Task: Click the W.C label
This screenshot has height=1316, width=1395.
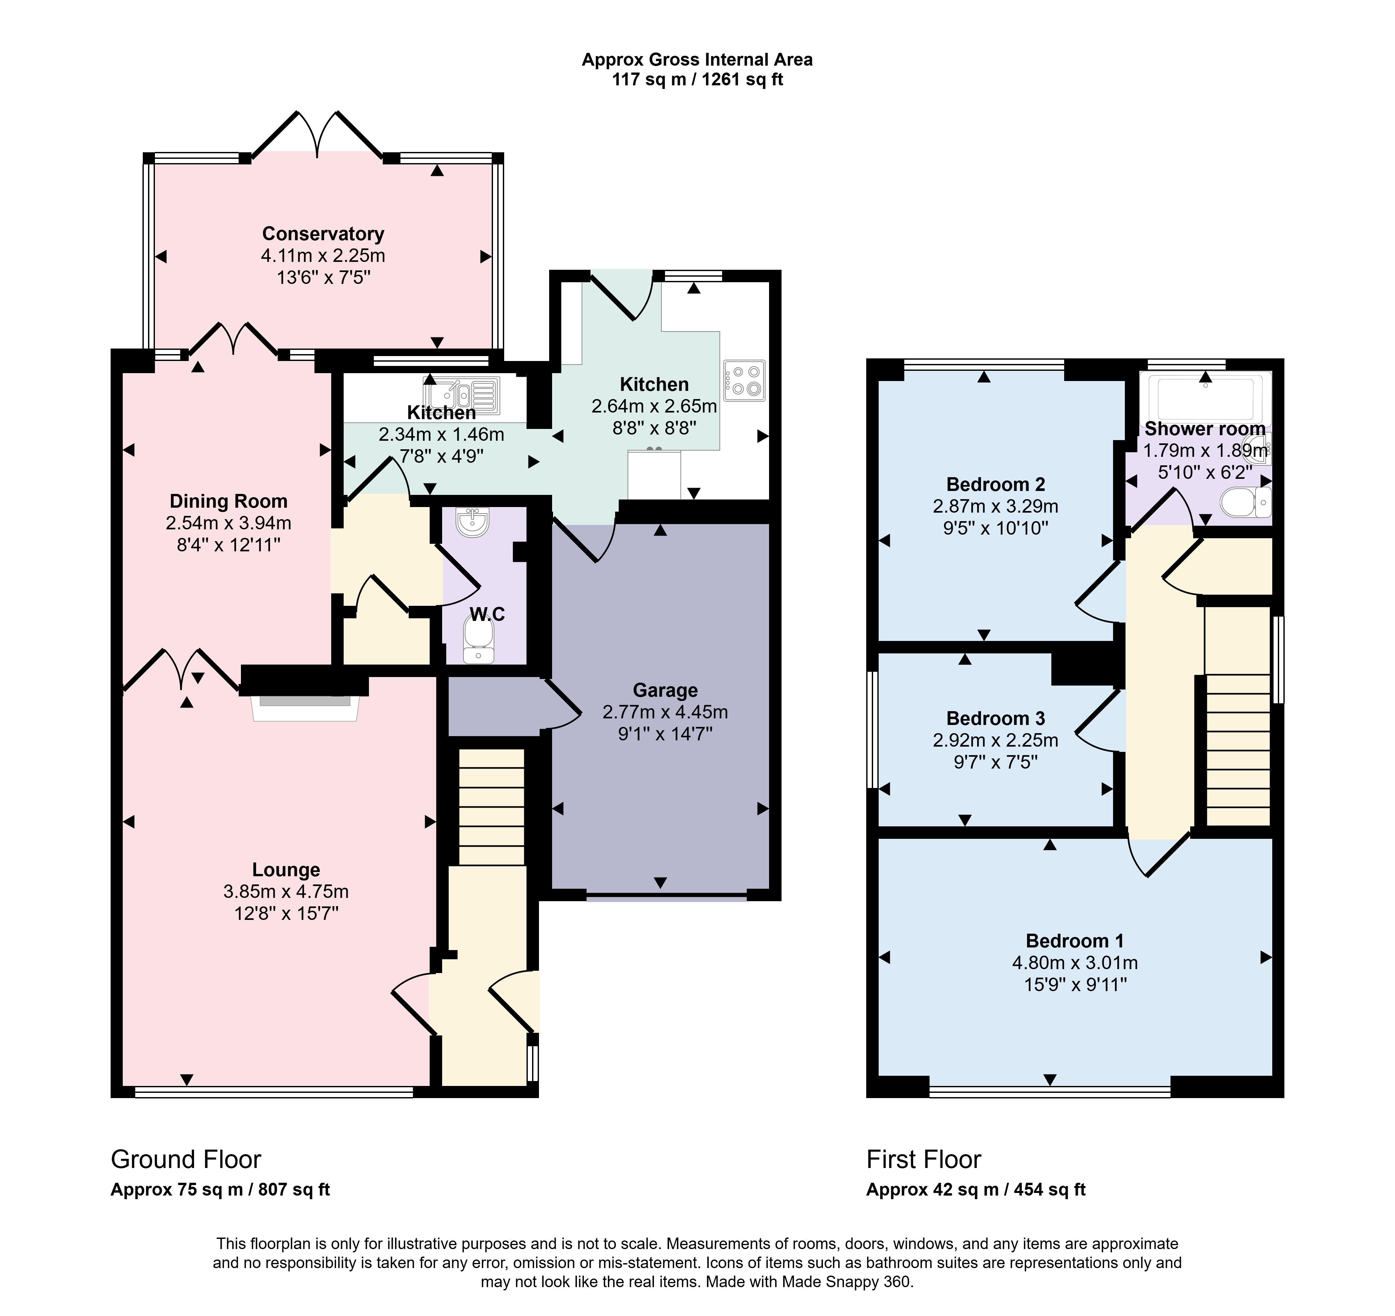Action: (487, 614)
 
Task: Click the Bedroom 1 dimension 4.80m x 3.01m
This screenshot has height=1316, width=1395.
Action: (1074, 963)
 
